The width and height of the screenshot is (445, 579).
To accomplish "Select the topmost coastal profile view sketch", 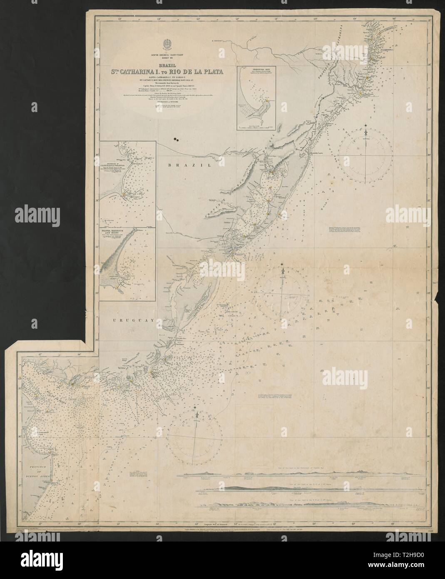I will click(300, 472).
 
